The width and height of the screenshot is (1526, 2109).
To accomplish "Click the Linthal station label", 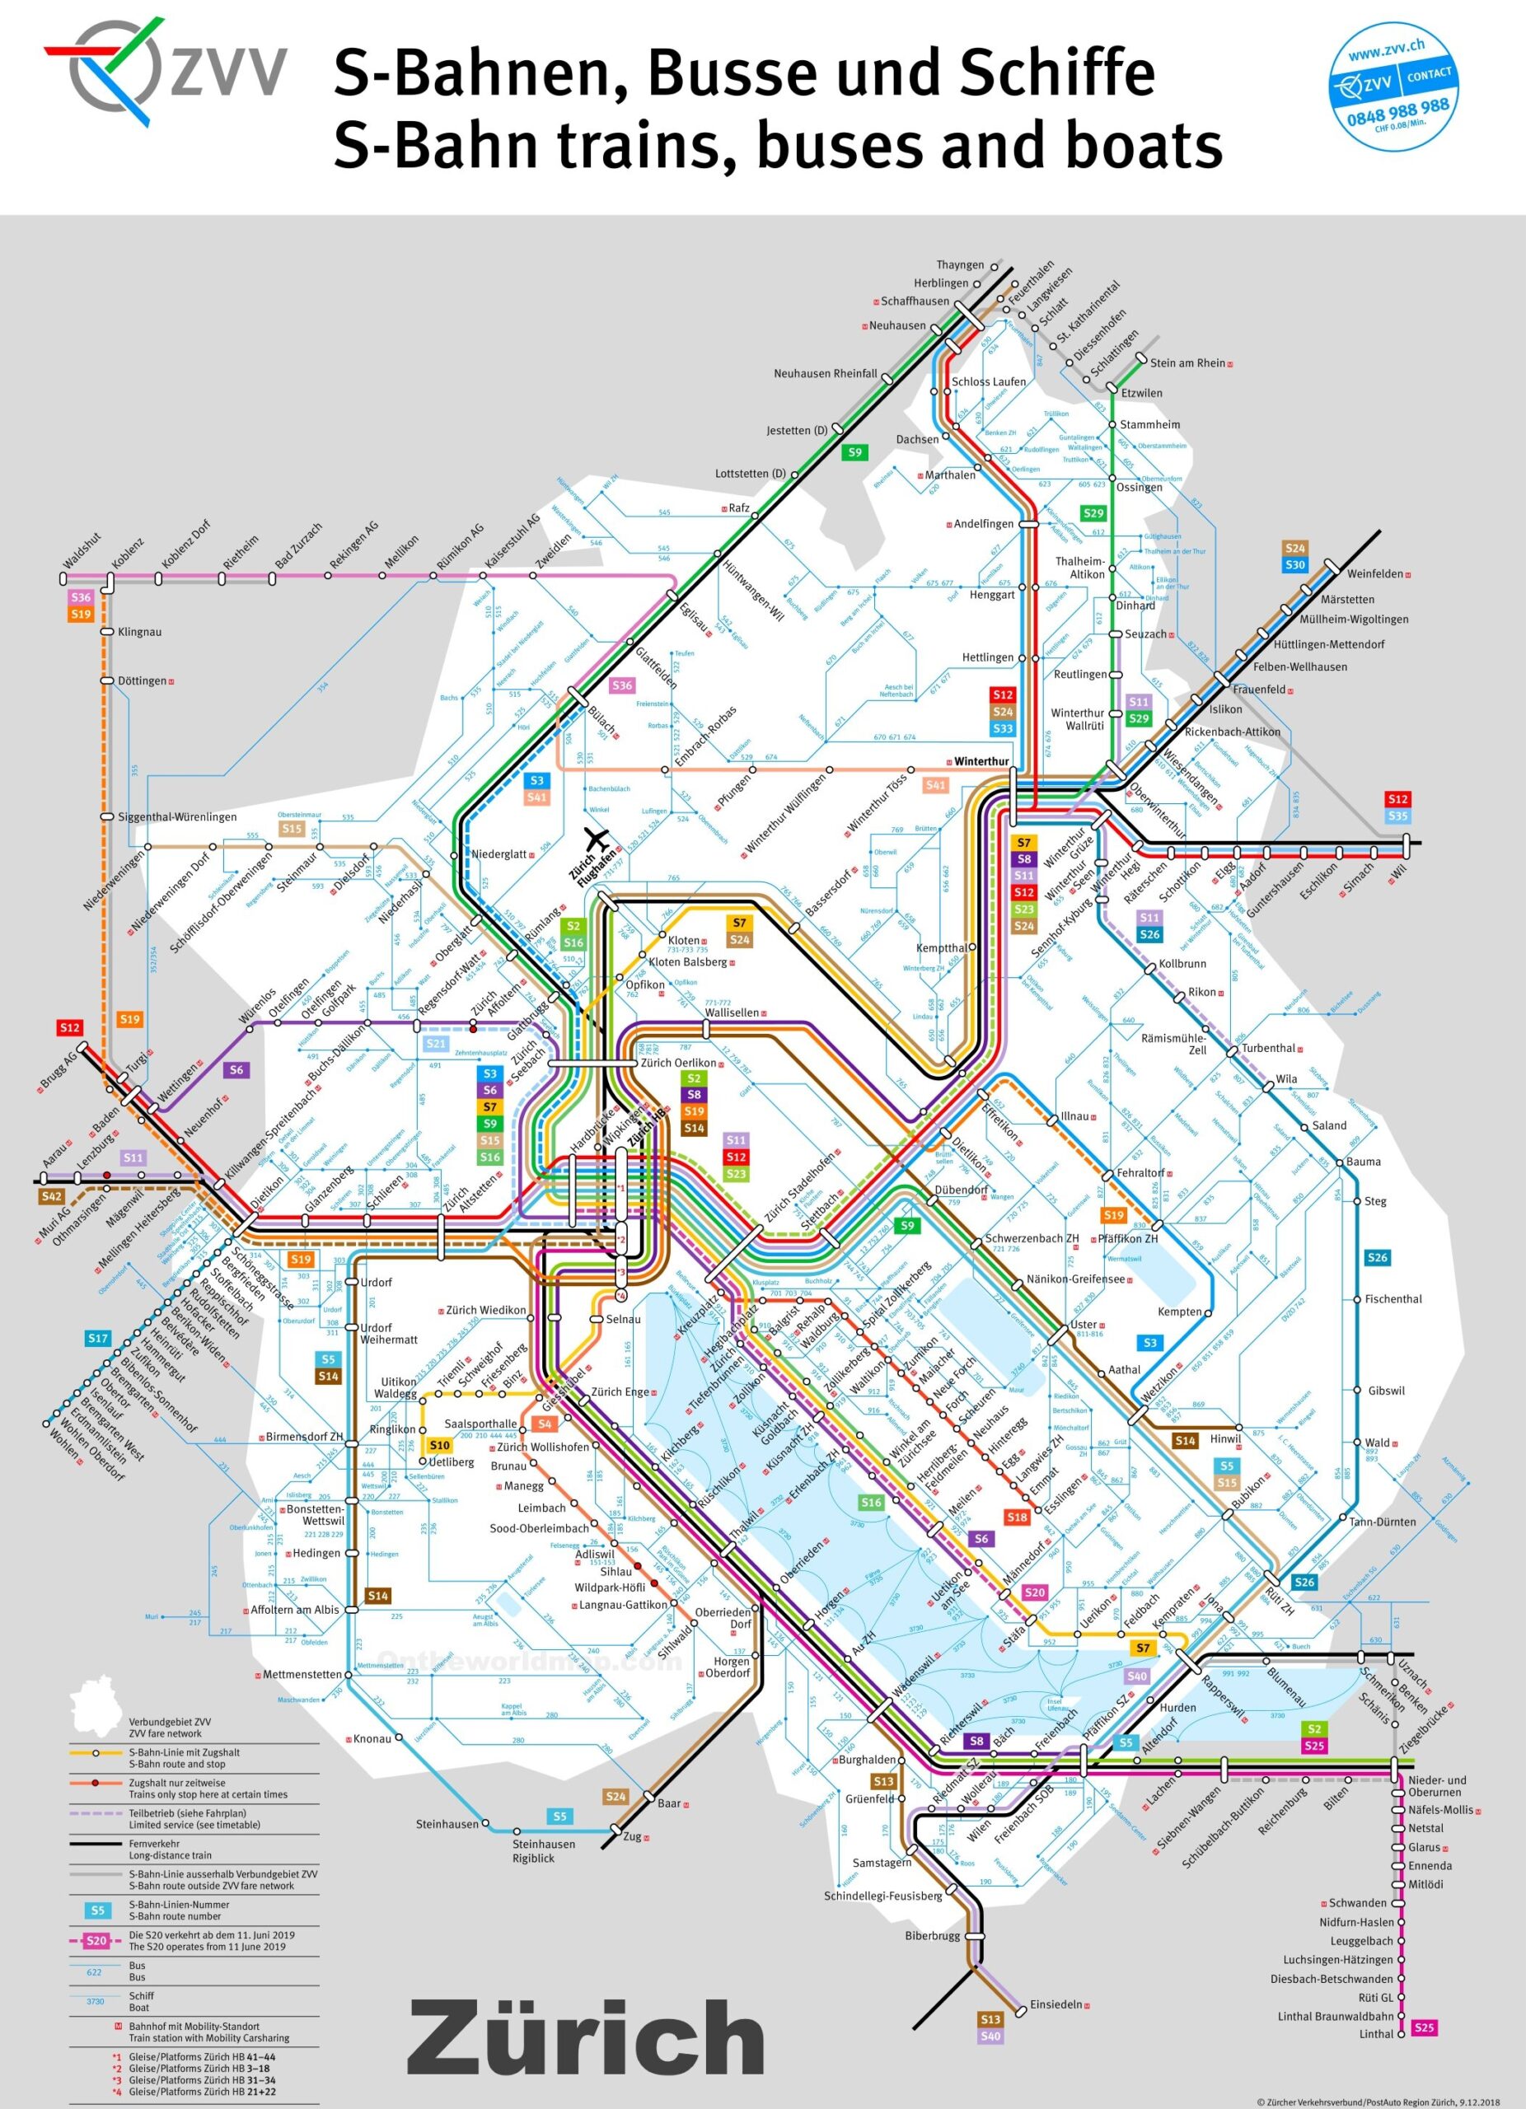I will [x=1376, y=2034].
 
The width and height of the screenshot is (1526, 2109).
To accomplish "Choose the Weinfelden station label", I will [x=1374, y=573].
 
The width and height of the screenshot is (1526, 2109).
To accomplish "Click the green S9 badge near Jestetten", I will [x=854, y=453].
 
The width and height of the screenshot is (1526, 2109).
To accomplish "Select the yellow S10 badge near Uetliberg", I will [x=440, y=1445].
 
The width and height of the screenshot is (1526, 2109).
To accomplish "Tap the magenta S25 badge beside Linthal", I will [x=1424, y=2027].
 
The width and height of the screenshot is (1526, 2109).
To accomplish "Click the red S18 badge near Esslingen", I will [x=1018, y=1517].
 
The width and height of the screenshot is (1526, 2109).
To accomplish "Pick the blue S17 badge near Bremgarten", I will [x=98, y=1338].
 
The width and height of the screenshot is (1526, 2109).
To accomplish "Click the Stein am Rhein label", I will [x=1187, y=362].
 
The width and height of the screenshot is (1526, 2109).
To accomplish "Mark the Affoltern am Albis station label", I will [x=294, y=1610].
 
